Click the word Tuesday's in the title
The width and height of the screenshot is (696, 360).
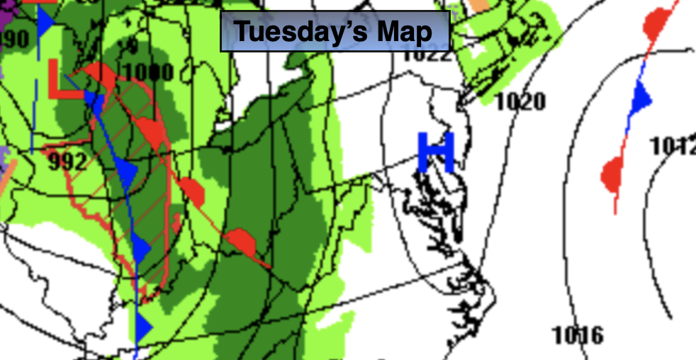[291, 31]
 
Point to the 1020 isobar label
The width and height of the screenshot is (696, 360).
[520, 101]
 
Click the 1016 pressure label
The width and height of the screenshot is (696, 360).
[578, 334]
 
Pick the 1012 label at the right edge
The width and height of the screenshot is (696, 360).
[673, 146]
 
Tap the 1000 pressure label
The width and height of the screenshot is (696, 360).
[148, 72]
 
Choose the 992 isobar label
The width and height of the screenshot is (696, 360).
[68, 162]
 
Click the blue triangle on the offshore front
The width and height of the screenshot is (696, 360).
[641, 96]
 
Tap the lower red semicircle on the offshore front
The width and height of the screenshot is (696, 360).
[612, 174]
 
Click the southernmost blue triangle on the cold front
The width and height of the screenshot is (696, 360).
[144, 327]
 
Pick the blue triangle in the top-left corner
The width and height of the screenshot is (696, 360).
[46, 22]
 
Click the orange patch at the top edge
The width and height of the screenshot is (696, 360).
[480, 4]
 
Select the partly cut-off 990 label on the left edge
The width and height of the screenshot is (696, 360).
[14, 38]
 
